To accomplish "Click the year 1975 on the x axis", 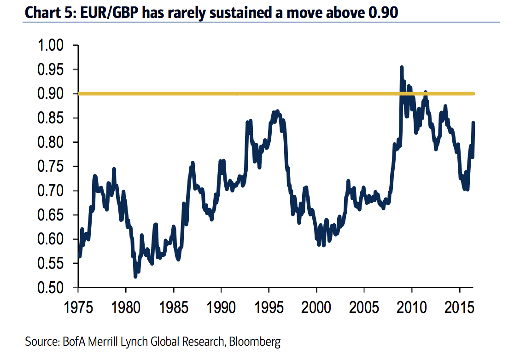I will point(78,305).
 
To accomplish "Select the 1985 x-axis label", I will point(174,305).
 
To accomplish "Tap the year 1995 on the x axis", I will point(269,305).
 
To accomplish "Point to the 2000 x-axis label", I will point(316,305).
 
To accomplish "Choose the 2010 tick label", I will point(412,305).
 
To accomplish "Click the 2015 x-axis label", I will point(460,305).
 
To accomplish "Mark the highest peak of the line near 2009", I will point(402,67).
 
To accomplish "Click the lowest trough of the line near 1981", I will point(135,276).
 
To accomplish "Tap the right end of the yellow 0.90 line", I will point(473,94).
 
